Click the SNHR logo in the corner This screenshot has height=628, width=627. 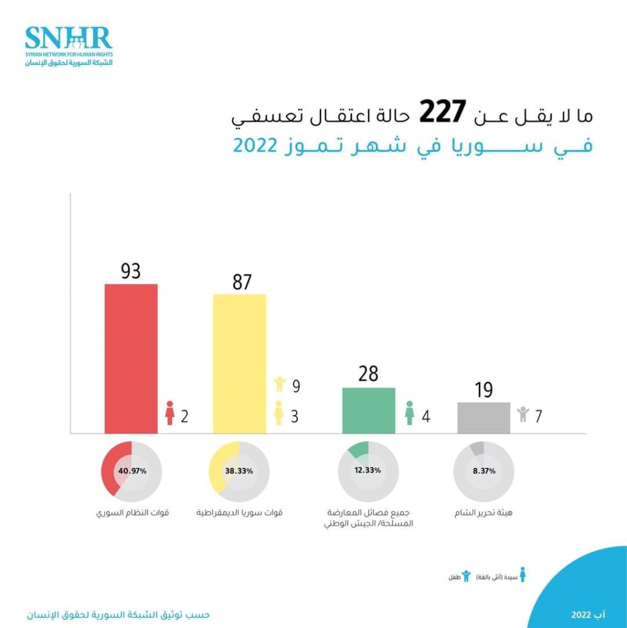[x=69, y=45]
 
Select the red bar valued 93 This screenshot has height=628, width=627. [x=131, y=359]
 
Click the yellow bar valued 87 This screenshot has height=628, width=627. [x=240, y=364]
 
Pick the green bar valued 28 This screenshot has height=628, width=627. [x=368, y=410]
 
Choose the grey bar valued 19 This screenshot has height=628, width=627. [x=484, y=418]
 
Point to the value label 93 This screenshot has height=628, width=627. [x=131, y=271]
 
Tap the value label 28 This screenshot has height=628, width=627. [x=368, y=374]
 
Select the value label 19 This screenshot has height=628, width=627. [x=484, y=389]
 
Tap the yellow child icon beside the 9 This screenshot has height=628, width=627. [x=279, y=385]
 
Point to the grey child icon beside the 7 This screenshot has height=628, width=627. [x=523, y=414]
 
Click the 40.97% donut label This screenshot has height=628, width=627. [x=131, y=471]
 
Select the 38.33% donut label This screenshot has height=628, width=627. [x=240, y=471]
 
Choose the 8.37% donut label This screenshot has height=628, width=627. [x=484, y=470]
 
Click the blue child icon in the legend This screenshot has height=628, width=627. [x=466, y=575]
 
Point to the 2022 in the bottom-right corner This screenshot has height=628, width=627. [x=581, y=614]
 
